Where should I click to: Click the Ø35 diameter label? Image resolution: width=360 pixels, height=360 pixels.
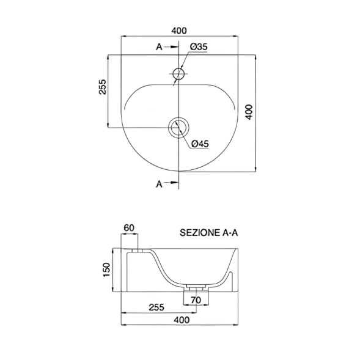[x=199, y=47]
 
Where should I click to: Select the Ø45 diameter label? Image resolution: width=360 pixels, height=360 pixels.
[x=200, y=144]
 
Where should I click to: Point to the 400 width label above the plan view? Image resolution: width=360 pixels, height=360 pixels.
[x=180, y=31]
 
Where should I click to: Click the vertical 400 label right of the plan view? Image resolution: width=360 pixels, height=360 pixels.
[x=249, y=112]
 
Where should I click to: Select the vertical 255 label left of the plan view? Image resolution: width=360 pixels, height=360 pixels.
[x=103, y=87]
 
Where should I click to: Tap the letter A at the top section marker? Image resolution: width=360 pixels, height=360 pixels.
[x=159, y=47]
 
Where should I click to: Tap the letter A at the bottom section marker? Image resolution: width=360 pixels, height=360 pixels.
[x=159, y=184]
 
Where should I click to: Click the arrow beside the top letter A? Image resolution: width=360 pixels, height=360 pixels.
[x=172, y=47]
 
